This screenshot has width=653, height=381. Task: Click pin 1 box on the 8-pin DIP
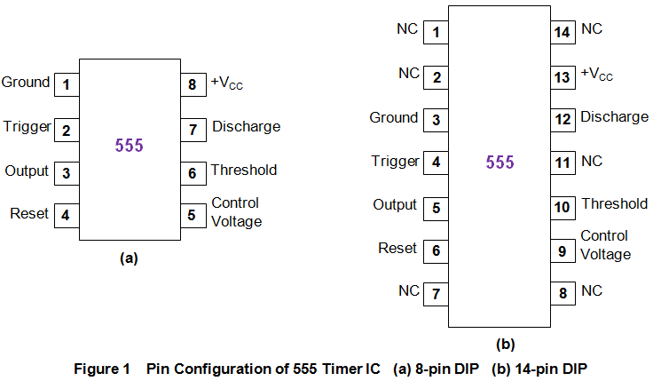66,86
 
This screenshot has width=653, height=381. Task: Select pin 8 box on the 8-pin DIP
192,86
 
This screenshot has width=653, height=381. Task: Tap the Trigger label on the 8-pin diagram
26,126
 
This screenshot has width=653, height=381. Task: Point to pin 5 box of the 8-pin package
192,214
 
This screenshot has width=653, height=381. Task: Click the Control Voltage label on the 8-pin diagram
236,213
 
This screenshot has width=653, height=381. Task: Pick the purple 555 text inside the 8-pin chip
129,147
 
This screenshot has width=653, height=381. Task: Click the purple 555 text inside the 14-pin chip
500,163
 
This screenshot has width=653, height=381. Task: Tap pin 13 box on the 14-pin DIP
562,77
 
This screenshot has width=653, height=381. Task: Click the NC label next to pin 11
592,161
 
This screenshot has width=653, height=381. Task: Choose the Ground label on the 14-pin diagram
393,117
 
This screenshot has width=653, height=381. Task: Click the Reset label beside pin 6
397,248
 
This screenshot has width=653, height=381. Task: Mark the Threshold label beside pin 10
614,204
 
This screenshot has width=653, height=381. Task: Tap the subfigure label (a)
129,258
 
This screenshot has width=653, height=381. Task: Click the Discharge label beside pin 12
614,117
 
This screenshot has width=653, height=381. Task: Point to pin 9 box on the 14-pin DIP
562,251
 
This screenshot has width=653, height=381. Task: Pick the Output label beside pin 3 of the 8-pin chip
27,171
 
